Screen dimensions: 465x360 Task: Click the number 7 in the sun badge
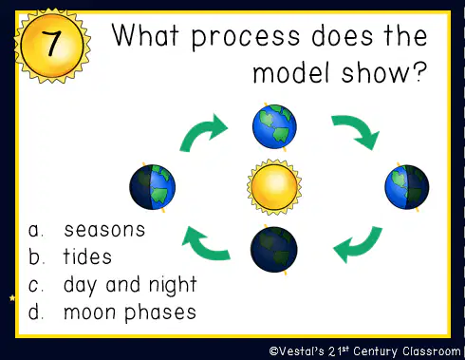(51, 44)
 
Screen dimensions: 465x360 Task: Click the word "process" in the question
(246, 37)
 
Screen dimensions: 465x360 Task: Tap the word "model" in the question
(291, 72)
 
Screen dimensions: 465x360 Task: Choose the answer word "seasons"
(104, 230)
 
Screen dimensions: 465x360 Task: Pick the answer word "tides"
(87, 256)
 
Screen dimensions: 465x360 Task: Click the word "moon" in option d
(89, 313)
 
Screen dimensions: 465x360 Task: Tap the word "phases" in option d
(160, 313)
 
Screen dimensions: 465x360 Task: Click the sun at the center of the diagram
(274, 187)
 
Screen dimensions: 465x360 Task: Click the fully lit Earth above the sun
(274, 126)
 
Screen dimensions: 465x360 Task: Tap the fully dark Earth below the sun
(274, 250)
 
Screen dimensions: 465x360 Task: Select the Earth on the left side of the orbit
(153, 187)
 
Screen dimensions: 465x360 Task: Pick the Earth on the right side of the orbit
(407, 187)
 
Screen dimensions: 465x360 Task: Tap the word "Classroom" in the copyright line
(432, 351)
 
